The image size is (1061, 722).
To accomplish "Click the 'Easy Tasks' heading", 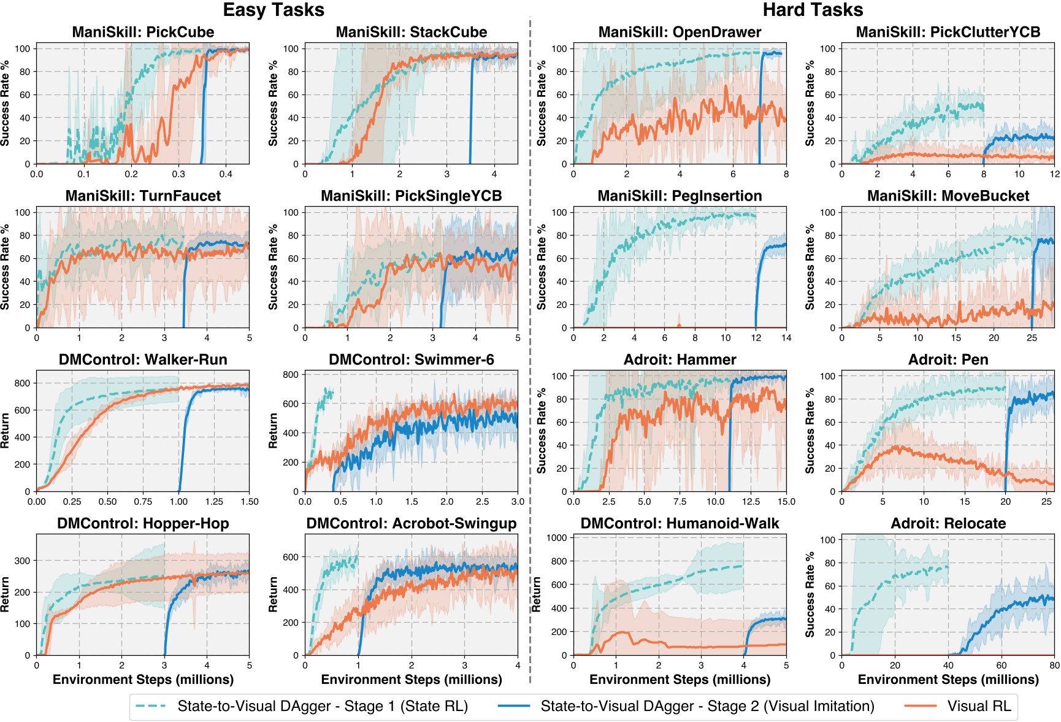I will [274, 10].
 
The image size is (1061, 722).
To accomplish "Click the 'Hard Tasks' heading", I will [812, 10].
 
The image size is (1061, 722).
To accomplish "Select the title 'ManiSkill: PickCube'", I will [143, 32].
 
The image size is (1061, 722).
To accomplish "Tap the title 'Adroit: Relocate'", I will [948, 523].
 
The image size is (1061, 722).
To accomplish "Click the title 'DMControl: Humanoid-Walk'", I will [680, 523].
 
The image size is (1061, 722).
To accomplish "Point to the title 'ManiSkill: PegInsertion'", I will [680, 196].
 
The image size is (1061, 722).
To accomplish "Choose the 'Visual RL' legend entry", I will [978, 706].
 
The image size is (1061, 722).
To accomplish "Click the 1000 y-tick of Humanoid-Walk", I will [557, 538].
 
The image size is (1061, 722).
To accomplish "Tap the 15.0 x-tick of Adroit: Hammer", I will [786, 502].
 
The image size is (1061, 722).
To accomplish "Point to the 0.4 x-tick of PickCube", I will [226, 174].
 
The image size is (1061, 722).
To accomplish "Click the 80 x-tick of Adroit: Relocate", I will [1054, 666].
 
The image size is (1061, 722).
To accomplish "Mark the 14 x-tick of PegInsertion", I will [786, 338].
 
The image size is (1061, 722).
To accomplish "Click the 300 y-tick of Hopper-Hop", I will [22, 561].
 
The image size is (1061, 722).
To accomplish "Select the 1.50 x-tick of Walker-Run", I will [249, 502].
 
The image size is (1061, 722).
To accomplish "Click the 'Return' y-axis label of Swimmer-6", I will [273, 431].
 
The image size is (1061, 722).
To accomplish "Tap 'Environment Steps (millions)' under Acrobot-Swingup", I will [411, 680].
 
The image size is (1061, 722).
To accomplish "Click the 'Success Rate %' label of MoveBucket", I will [810, 267].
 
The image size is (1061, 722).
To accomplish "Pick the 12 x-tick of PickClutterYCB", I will [1054, 174].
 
